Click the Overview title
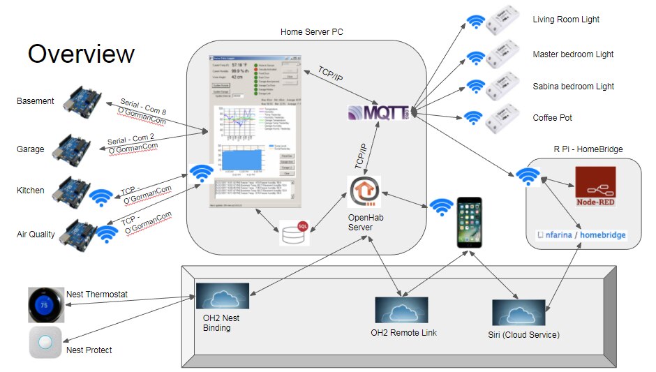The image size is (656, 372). click(81, 54)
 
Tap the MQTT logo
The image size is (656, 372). click(381, 113)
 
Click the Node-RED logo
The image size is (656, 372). click(595, 186)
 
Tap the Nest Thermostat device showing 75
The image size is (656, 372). click(45, 304)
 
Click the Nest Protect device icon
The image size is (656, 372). click(45, 343)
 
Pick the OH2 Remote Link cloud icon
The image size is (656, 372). click(401, 310)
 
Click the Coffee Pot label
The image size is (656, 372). click(552, 118)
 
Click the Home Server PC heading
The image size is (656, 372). click(311, 32)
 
